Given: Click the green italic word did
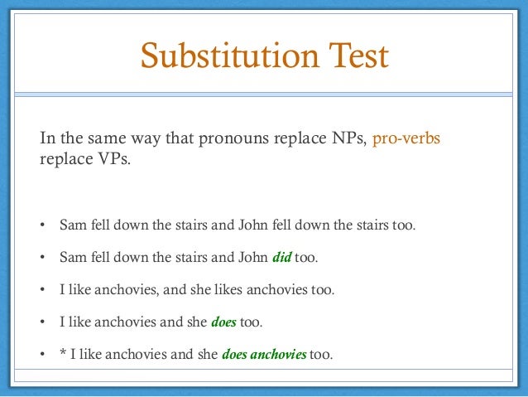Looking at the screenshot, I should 281,258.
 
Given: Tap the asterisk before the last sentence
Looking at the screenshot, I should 64,356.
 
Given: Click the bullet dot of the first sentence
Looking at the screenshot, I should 44,225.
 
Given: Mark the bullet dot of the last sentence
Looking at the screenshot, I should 44,356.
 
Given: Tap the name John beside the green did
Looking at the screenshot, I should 252,258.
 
